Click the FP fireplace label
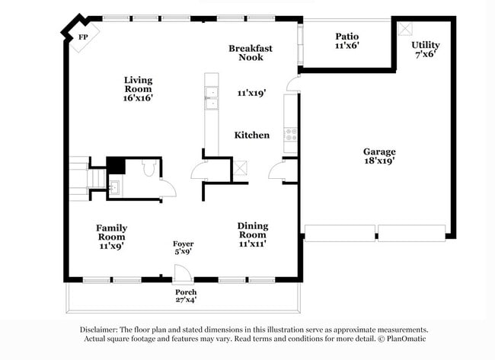(82, 37)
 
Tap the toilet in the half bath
(148, 168)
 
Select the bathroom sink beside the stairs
(115, 186)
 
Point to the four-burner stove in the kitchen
(290, 135)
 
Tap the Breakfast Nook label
(251, 53)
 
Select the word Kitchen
(251, 135)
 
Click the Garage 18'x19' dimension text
(378, 161)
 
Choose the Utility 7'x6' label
(424, 49)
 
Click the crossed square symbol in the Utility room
(404, 27)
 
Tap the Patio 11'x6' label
(346, 41)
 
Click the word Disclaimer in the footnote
(104, 330)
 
